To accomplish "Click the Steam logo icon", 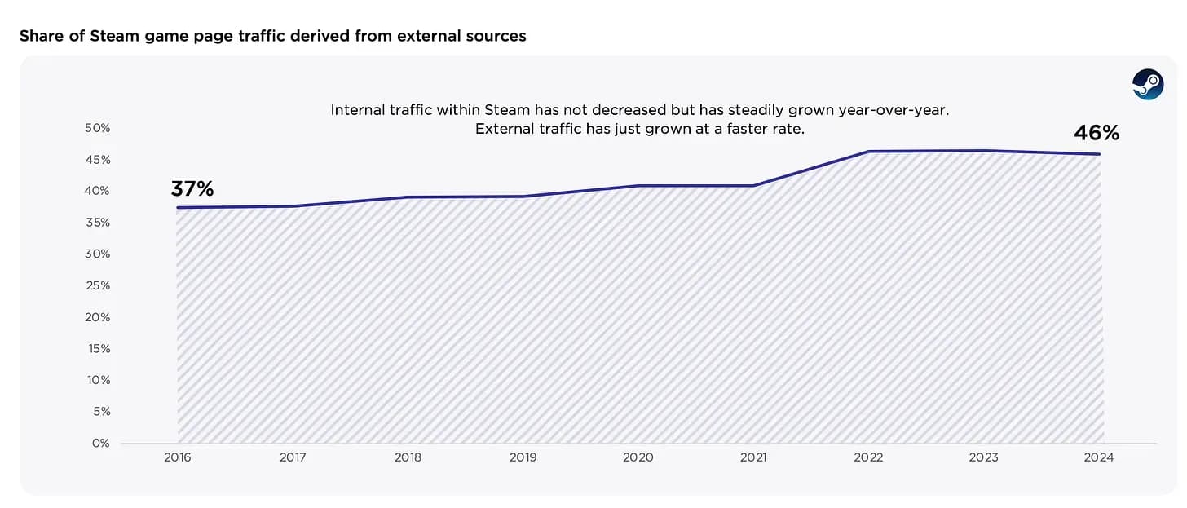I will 1148,85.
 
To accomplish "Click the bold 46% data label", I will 1096,133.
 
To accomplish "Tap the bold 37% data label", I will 192,189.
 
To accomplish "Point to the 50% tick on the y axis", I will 97,128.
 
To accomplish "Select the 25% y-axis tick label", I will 97,285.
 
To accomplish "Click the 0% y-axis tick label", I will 100,443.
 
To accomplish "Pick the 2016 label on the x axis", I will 178,458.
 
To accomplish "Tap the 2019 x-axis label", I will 523,458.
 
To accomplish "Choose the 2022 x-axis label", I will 868,458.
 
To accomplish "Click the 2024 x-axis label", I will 1099,458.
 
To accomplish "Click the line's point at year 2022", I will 868,152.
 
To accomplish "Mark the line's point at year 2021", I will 753,186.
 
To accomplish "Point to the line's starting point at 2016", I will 178,207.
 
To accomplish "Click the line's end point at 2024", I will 1100,154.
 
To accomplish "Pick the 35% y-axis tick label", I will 97,223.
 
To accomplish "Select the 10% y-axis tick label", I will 97,380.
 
